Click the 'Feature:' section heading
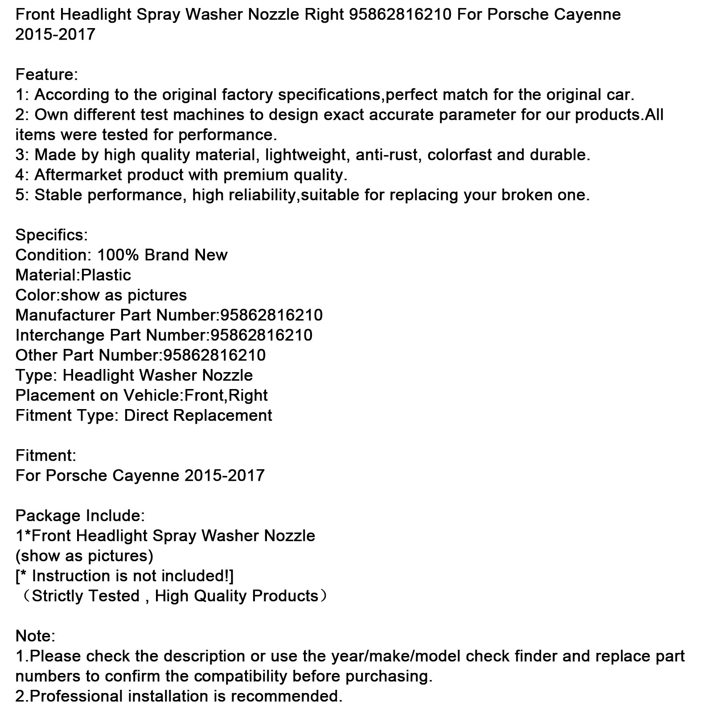tap(46, 74)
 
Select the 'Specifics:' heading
tap(52, 235)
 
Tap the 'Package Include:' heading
tap(80, 516)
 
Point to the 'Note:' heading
tap(35, 636)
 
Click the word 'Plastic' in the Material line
tap(106, 275)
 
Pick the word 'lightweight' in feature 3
tap(306, 155)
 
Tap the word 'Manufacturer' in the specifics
tap(65, 315)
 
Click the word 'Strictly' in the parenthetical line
tap(62, 596)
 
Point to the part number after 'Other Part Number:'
tap(214, 355)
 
